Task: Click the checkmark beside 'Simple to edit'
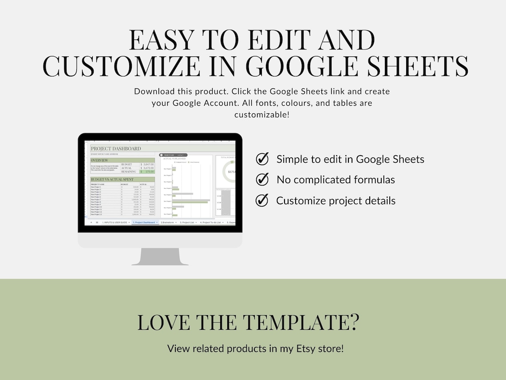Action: coord(262,159)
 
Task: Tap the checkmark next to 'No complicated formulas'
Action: coord(262,179)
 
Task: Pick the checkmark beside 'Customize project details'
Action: coord(262,200)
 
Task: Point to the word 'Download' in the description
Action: coord(154,92)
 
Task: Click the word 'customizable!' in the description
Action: coord(262,115)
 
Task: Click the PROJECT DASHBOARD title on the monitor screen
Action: coord(116,148)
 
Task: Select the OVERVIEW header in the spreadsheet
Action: coord(99,160)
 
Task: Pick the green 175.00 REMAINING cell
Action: coord(147,172)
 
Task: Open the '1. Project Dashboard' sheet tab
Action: coord(145,222)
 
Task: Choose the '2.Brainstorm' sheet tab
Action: coord(168,222)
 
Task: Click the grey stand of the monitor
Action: coord(160,256)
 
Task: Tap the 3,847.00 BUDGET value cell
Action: coord(147,164)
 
